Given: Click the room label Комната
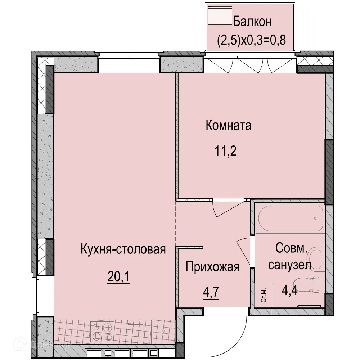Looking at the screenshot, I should tap(228, 126).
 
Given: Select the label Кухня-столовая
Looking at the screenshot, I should tap(123, 249).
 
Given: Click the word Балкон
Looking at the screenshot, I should tap(252, 22).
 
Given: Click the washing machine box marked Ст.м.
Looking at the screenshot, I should tap(263, 295).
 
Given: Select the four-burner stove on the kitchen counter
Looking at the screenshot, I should tap(103, 332).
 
